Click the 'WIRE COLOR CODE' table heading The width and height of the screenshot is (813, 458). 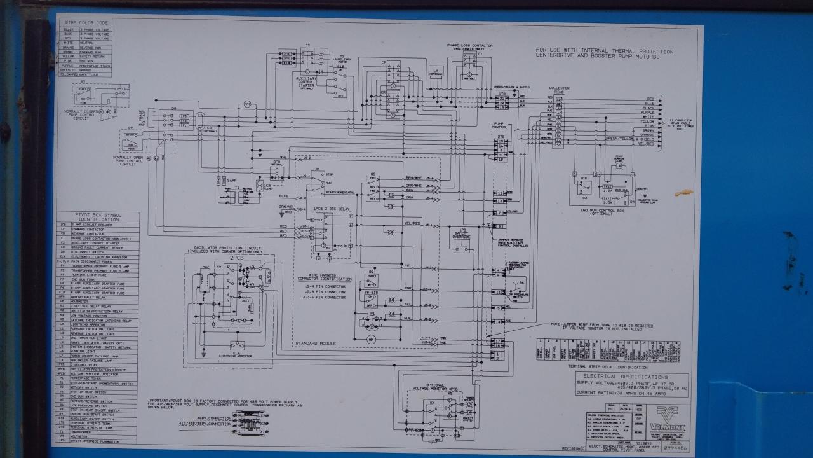[x=85, y=23]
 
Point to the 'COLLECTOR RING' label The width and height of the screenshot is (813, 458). [x=559, y=90]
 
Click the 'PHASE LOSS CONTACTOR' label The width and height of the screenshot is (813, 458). [x=470, y=46]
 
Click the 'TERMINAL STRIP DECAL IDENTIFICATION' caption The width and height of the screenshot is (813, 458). [x=608, y=367]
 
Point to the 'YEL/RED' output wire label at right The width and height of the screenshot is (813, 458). [x=647, y=144]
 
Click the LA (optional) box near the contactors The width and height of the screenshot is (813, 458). [x=435, y=71]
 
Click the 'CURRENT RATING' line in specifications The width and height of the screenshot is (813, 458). [x=613, y=392]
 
